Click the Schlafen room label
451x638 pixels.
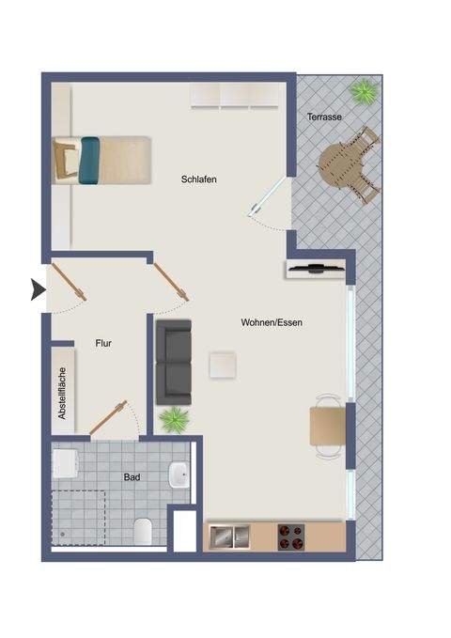(x=199, y=179)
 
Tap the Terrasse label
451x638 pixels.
(x=324, y=117)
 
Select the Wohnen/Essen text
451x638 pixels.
(x=271, y=322)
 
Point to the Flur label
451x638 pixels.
(x=103, y=344)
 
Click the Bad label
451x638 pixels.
(x=132, y=477)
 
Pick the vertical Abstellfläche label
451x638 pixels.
(x=62, y=392)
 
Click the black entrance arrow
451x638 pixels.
(x=38, y=290)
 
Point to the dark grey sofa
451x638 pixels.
(x=174, y=358)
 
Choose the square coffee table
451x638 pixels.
(x=225, y=364)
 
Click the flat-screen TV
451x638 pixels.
(x=319, y=270)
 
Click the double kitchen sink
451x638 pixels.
(x=228, y=537)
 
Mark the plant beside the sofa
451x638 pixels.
(x=174, y=419)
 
